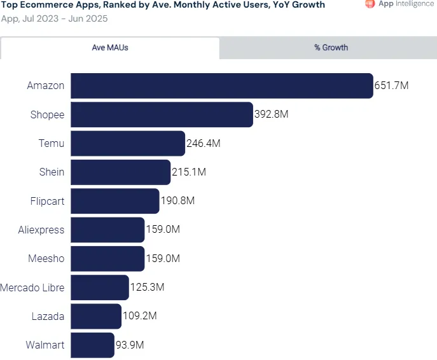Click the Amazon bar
221,86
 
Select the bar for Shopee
162,114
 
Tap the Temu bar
128,144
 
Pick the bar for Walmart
93,345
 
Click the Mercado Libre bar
100,287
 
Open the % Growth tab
331,48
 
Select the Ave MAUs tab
110,48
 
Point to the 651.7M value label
391,86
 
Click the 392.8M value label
271,114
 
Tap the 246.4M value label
204,144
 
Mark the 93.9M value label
130,345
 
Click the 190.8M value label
177,201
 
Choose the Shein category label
52,172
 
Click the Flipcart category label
47,201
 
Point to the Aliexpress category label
41,230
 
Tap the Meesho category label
46,259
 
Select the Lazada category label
48,316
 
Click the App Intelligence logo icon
370,4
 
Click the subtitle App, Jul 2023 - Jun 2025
54,18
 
